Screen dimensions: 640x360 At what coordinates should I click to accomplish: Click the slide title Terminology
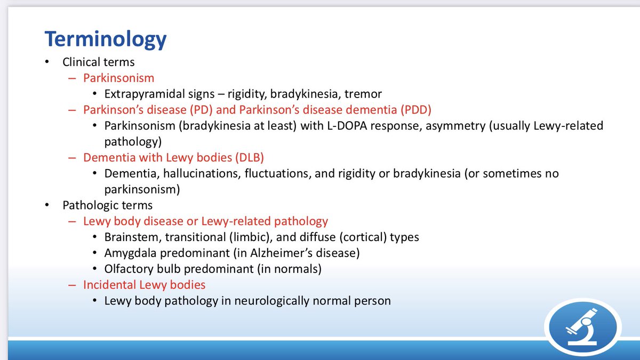pyautogui.click(x=106, y=39)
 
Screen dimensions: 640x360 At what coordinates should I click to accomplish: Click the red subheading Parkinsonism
pyautogui.click(x=118, y=78)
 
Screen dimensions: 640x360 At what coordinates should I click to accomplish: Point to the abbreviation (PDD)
pyautogui.click(x=415, y=110)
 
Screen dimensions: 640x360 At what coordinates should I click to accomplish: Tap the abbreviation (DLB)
pyautogui.click(x=250, y=158)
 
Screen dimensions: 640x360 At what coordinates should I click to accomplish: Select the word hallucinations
pyautogui.click(x=202, y=174)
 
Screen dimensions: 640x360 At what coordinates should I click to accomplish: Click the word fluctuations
pyautogui.click(x=278, y=174)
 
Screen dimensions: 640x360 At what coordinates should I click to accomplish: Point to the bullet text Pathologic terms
pyautogui.click(x=107, y=205)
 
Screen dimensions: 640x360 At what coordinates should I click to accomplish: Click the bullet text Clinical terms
pyautogui.click(x=99, y=62)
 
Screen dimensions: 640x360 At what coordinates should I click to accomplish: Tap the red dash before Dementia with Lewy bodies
pyautogui.click(x=72, y=158)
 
